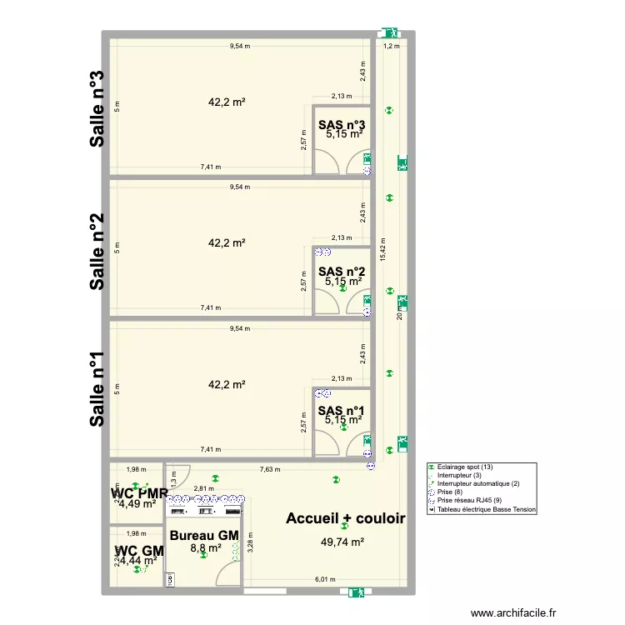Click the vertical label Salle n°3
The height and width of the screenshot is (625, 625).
[x=97, y=108]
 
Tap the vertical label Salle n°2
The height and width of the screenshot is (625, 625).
[x=97, y=251]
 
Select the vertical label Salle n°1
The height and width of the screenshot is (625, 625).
[x=97, y=390]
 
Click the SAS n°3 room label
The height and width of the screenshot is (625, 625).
[x=342, y=125]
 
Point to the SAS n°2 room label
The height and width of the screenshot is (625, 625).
[x=342, y=271]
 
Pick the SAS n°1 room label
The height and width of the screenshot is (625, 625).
[x=342, y=410]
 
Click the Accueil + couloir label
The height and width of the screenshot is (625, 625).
[x=345, y=518]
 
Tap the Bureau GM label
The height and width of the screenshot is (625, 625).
[x=204, y=535]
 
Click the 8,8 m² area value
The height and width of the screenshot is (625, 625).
[x=205, y=548]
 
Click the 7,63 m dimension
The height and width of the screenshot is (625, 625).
[x=269, y=470]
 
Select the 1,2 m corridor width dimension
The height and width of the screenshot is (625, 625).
[x=391, y=47]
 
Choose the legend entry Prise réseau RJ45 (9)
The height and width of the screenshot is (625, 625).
[x=471, y=500]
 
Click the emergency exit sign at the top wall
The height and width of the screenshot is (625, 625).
[x=387, y=34]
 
